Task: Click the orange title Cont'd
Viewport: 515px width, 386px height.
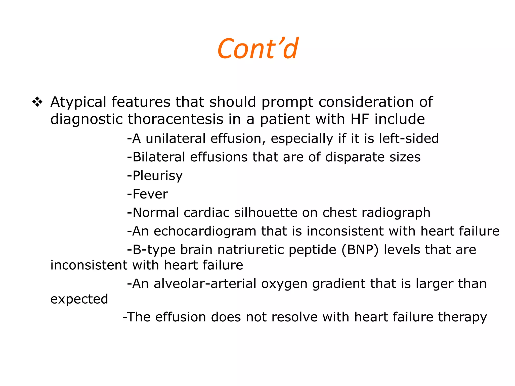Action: pyautogui.click(x=258, y=49)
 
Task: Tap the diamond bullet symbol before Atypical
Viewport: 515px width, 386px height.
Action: pyautogui.click(x=37, y=102)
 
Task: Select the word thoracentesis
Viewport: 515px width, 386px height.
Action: pyautogui.click(x=175, y=119)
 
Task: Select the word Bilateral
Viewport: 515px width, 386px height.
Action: pyautogui.click(x=159, y=157)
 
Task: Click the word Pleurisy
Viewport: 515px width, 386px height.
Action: pyautogui.click(x=157, y=176)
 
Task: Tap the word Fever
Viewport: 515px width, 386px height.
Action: pyautogui.click(x=150, y=194)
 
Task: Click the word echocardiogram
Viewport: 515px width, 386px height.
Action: pyautogui.click(x=205, y=231)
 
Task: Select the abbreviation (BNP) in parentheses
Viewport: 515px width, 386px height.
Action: pyautogui.click(x=360, y=250)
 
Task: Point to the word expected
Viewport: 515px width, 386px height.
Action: pyautogui.click(x=79, y=299)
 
